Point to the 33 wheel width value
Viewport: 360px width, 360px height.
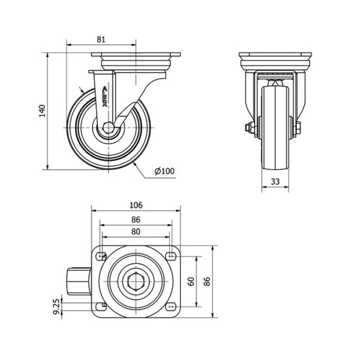276,182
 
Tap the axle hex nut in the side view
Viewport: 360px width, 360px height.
108,128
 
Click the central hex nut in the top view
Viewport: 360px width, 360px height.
135,281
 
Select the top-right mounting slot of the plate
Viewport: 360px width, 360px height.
171,256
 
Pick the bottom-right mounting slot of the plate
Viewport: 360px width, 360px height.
171,307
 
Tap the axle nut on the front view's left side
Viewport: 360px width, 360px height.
247,127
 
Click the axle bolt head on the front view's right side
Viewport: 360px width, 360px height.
296,127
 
